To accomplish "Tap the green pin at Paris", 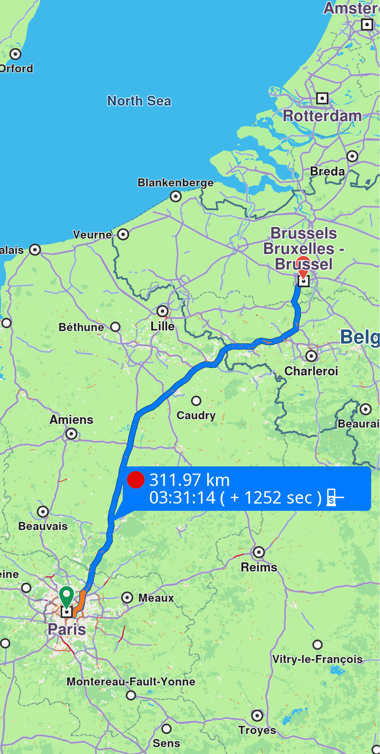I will click(66, 595).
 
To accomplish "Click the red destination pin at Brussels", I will click(303, 265).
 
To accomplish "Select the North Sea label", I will click(139, 101).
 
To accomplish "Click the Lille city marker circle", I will click(163, 311).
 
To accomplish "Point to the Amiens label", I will click(71, 420).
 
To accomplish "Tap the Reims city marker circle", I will click(259, 552).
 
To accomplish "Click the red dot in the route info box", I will click(136, 480).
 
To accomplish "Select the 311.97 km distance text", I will click(189, 480).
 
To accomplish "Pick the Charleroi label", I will click(311, 371).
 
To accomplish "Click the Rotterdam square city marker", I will click(322, 98).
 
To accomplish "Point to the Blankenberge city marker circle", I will click(176, 196).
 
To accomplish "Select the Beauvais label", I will click(43, 526).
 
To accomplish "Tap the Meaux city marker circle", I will click(127, 597).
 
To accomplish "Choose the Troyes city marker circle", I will click(257, 716).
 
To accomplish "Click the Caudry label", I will click(196, 415).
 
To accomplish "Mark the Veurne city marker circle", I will click(123, 234).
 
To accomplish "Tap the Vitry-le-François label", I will click(317, 659).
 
